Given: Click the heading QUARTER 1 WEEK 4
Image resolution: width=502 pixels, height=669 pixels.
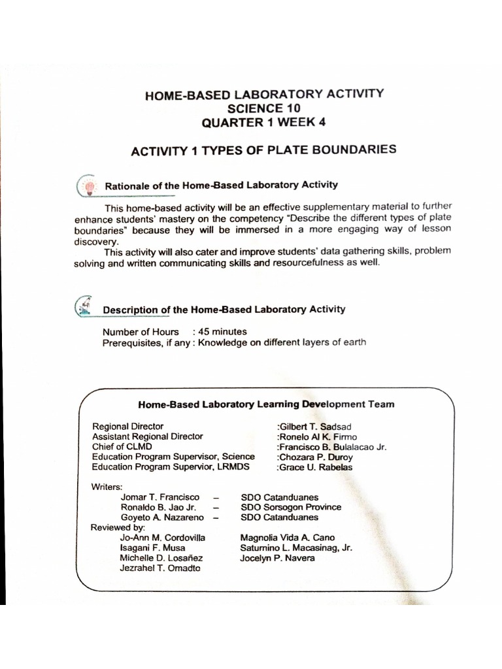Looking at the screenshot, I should [x=264, y=122].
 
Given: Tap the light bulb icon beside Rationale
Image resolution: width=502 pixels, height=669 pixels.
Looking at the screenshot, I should [x=87, y=186].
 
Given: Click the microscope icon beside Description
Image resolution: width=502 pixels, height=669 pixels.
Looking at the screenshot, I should [x=84, y=306].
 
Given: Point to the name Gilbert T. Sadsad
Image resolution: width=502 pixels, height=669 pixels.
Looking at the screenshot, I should [x=314, y=427].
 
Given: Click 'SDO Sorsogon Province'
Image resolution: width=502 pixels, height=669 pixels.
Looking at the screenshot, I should [x=291, y=507].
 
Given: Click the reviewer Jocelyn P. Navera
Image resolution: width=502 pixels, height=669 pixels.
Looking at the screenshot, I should [x=277, y=558].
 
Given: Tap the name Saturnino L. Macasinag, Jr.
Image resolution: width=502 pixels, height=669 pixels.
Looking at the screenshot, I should [x=296, y=548].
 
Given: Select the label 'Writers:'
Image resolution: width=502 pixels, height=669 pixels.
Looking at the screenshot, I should [x=107, y=487].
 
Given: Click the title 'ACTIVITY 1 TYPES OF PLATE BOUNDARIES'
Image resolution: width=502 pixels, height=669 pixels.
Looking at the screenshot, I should [x=263, y=150].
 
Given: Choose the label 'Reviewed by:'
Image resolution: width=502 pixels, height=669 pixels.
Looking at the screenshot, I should [x=118, y=527].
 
